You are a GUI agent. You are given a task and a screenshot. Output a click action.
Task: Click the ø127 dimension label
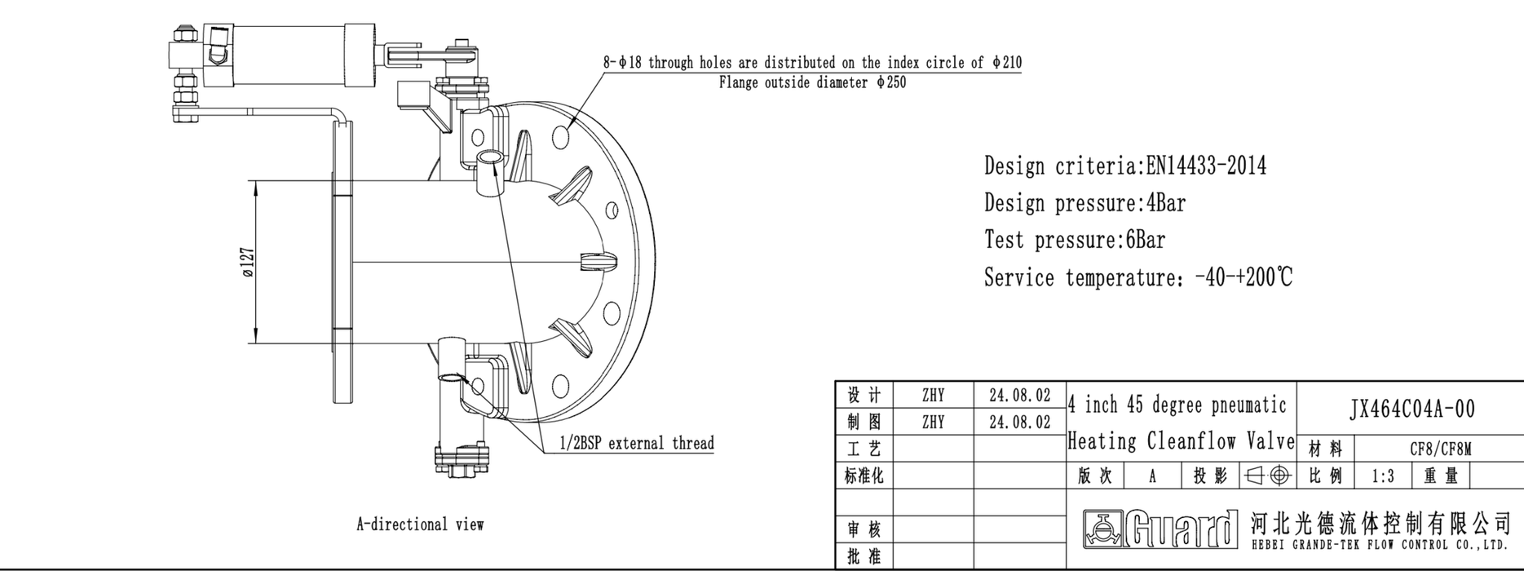pos(248,263)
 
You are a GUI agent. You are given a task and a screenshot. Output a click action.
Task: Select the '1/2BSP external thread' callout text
pos(636,444)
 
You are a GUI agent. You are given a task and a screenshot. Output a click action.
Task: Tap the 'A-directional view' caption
pos(420,525)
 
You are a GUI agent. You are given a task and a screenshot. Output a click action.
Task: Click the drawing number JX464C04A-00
pos(1411,409)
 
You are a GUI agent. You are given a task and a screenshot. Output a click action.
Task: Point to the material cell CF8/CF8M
pos(1440,449)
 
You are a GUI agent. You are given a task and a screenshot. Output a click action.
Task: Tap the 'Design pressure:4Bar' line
pos(1084,203)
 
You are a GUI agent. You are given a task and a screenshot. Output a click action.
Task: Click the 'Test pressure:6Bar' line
pos(1074,241)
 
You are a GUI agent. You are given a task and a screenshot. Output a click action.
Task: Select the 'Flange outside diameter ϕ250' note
pos(812,83)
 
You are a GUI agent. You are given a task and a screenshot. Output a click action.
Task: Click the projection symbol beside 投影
pos(1268,476)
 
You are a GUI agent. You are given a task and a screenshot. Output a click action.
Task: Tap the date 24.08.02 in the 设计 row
pos(1019,396)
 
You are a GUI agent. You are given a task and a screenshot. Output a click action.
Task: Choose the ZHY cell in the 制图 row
pos(933,423)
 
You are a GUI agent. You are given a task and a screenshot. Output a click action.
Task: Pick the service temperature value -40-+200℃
pos(1243,278)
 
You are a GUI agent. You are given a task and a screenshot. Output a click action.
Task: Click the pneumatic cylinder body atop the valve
pos(302,54)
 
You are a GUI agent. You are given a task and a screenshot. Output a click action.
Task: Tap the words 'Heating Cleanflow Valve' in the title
pos(1181,442)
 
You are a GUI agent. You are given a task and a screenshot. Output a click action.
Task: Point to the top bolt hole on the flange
pos(560,137)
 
